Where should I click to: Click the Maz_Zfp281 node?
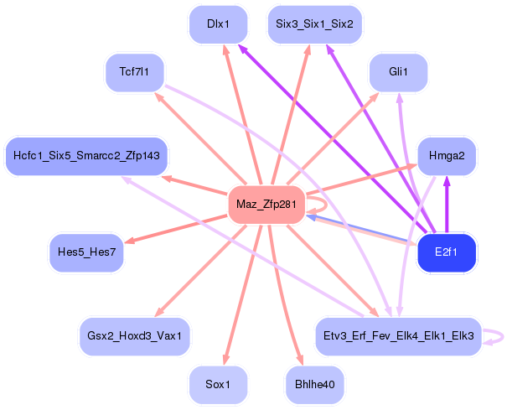pos(266,205)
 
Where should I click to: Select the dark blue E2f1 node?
pos(447,252)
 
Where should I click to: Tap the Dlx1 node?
pos(218,24)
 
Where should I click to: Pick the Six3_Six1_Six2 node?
pos(314,24)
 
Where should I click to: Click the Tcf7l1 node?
pos(135,72)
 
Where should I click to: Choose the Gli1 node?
pos(398,72)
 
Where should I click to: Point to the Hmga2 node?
pos(447,156)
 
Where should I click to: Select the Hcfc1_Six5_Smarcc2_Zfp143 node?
pos(86,156)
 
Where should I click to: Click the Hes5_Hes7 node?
pos(86,252)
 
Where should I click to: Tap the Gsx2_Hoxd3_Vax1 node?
pos(135,336)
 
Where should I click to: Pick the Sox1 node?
pos(218,385)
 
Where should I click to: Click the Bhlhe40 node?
pos(314,385)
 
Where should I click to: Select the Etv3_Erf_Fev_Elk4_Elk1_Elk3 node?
pos(398,336)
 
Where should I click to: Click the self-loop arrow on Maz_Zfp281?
pos(326,205)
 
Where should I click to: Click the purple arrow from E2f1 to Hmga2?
pos(447,205)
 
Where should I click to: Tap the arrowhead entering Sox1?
pos(225,360)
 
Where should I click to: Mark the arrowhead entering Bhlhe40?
pos(300,360)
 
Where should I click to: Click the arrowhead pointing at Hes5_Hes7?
pos(130,241)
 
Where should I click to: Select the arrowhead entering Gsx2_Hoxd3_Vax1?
pos(158,312)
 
